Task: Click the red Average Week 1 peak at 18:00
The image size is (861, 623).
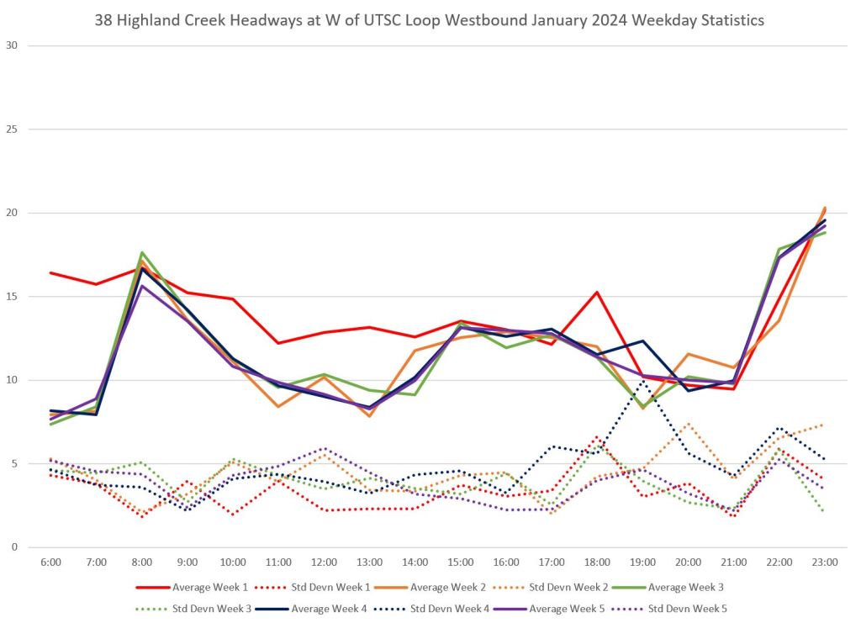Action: coord(597,293)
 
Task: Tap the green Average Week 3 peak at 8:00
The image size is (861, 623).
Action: coord(142,252)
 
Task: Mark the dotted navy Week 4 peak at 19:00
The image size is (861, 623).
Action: coord(643,380)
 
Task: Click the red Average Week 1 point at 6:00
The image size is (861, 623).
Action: coord(50,272)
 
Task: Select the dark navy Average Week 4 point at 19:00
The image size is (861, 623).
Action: coord(643,341)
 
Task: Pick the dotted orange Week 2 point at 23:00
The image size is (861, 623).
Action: coord(825,425)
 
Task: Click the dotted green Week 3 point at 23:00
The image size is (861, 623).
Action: coord(825,510)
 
